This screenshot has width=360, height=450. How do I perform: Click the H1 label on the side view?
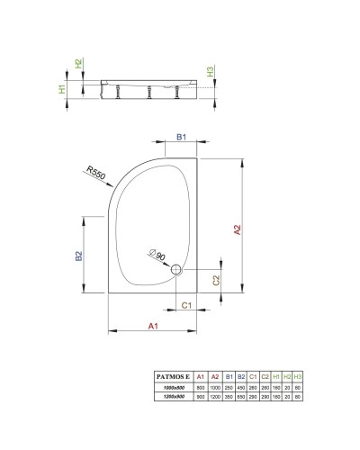(x=62, y=88)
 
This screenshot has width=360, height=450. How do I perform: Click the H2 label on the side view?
(x=78, y=64)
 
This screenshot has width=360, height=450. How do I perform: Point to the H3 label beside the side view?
(x=210, y=72)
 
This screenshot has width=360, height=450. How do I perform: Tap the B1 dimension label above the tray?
(x=181, y=138)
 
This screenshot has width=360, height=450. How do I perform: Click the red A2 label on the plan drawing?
(x=238, y=230)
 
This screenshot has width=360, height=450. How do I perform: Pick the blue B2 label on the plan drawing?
(x=79, y=256)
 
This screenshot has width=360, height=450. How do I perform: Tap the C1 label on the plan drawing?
(x=186, y=306)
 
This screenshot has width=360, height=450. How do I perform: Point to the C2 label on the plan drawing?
(x=215, y=282)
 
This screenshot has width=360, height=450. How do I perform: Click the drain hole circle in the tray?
(x=176, y=269)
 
